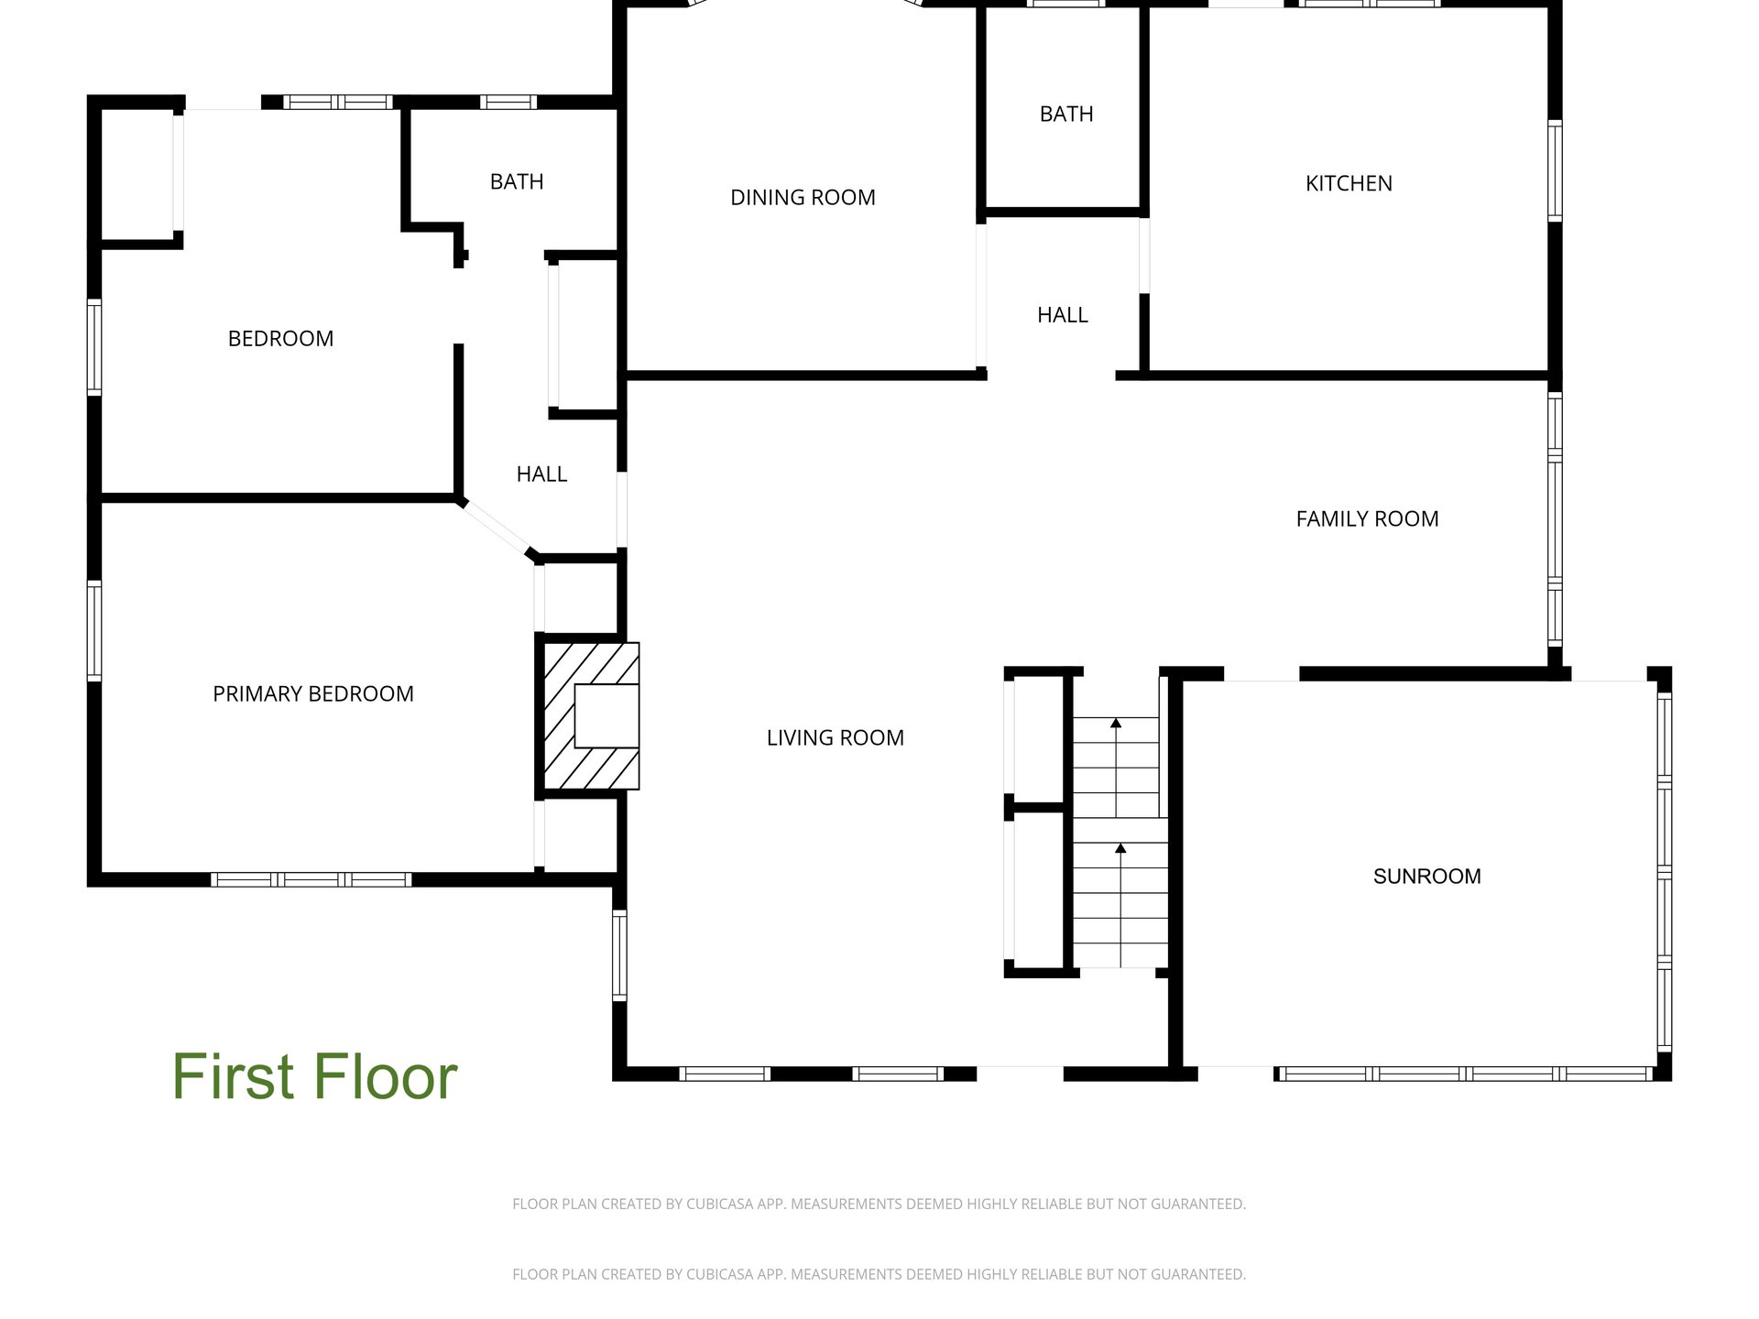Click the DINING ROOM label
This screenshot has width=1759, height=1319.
803,197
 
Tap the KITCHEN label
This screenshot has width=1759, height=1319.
1349,183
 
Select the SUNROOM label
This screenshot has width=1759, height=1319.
1426,876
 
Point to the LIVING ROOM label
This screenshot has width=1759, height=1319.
835,737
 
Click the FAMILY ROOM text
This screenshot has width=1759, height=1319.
1367,518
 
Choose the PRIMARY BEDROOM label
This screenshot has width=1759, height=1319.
313,693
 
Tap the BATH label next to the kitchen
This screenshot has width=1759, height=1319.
1066,114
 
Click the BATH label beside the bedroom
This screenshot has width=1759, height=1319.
517,181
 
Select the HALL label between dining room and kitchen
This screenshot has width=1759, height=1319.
1063,314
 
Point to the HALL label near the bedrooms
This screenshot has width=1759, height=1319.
541,474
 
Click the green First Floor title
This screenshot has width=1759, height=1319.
314,1076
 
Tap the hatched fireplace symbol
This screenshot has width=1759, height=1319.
587,715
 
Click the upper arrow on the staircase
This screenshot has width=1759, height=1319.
1116,768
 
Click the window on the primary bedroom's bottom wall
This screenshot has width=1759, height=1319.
311,879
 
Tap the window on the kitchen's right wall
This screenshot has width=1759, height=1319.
1555,170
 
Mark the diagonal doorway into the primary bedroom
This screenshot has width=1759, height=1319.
496,529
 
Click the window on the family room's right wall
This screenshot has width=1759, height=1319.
1555,519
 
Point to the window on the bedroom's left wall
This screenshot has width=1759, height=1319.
94,347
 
